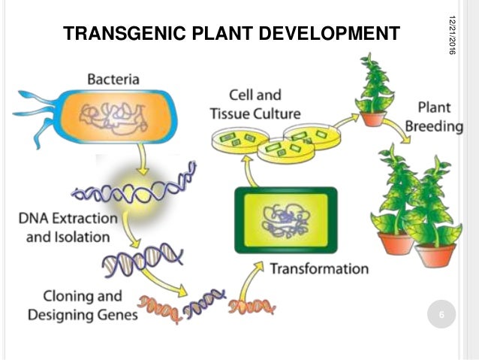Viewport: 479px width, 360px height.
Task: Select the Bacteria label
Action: click(113, 78)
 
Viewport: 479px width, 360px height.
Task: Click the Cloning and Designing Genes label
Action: click(83, 306)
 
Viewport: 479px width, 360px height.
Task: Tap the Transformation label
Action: click(319, 268)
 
